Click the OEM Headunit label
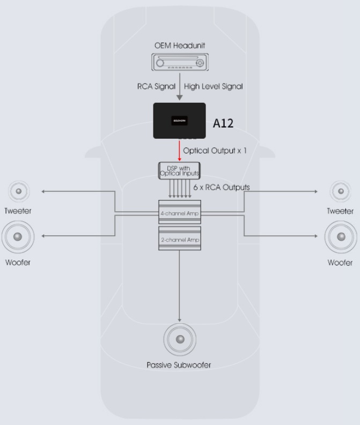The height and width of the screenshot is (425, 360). [x=180, y=46]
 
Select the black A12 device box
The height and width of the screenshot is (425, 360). [x=179, y=121]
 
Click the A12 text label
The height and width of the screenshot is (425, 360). [x=223, y=123]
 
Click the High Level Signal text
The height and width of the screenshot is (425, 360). [x=214, y=86]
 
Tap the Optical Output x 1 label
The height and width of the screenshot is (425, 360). [x=215, y=151]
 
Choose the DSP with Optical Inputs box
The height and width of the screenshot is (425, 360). [x=179, y=170]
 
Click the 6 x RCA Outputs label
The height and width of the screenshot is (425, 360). [x=222, y=188]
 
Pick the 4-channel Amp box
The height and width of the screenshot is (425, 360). [x=179, y=213]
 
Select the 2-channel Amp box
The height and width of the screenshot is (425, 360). [x=179, y=240]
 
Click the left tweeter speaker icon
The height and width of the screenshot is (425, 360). [x=19, y=191]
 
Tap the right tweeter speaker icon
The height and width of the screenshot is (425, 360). [x=340, y=191]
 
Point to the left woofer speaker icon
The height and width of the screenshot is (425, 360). [x=18, y=236]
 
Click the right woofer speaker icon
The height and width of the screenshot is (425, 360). [x=340, y=236]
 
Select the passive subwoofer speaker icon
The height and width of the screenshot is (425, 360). [x=180, y=339]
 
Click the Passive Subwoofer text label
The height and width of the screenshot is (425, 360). [x=179, y=366]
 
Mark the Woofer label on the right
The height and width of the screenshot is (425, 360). [x=340, y=263]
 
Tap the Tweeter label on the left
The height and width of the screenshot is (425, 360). [x=18, y=211]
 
